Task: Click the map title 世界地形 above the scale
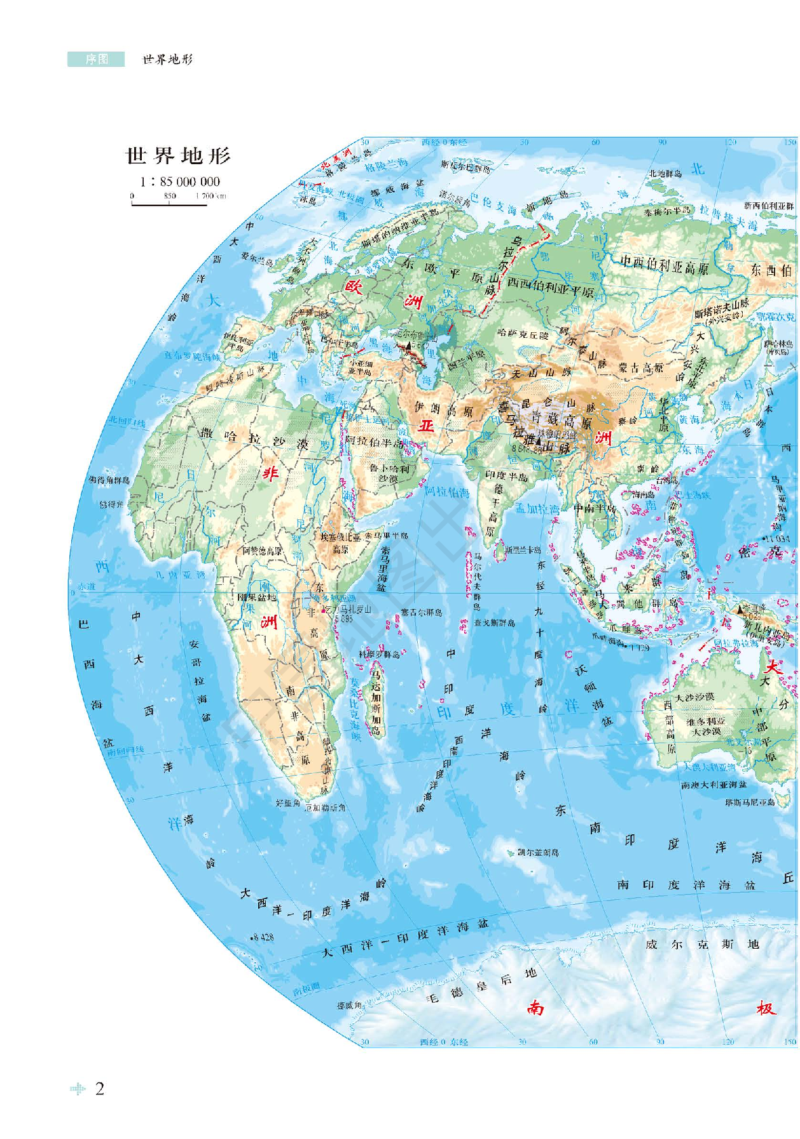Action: (x=178, y=156)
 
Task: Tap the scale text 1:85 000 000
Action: (x=180, y=181)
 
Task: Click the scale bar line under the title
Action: (x=170, y=204)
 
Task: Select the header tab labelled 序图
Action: (x=97, y=59)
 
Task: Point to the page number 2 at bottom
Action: (x=99, y=1089)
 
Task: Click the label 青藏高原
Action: (x=553, y=419)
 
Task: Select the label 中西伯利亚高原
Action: (x=664, y=266)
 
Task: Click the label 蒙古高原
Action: (x=640, y=368)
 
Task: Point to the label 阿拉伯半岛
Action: (x=374, y=442)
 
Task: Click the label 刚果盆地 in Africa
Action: (x=256, y=597)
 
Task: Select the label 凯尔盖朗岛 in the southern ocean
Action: (x=537, y=852)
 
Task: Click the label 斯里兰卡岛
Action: (x=523, y=549)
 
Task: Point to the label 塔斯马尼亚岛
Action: (x=750, y=802)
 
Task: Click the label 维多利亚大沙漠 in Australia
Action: (x=706, y=727)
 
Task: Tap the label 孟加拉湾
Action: (x=537, y=508)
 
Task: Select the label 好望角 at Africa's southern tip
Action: (x=287, y=804)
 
